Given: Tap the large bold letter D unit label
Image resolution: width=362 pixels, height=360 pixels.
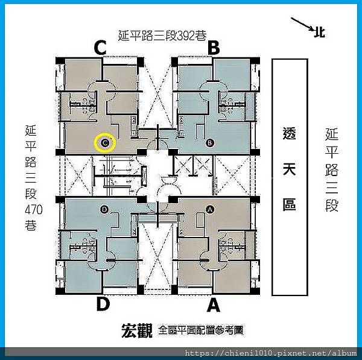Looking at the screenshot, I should (103, 305).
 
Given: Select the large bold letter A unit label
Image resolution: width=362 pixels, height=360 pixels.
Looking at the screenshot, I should (213, 305).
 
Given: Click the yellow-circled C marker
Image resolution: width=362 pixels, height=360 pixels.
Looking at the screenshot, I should (105, 143).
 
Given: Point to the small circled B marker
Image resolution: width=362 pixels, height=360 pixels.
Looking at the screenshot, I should (210, 143).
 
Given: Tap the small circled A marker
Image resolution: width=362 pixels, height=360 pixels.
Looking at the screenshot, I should (210, 209).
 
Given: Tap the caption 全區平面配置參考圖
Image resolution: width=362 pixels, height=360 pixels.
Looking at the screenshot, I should (200, 330).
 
